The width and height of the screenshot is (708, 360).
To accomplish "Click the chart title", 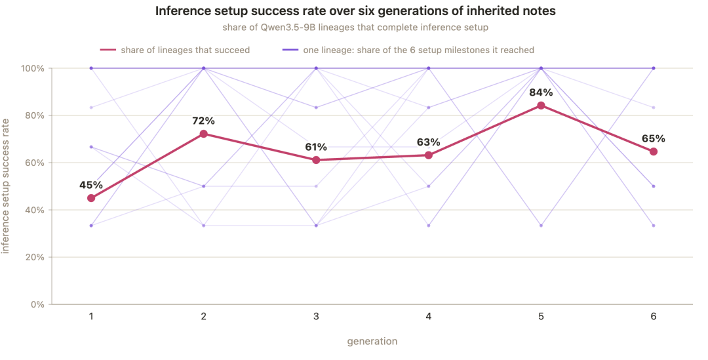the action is coord(355,11).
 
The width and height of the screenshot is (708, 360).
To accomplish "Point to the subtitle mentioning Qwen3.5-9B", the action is coord(355,28).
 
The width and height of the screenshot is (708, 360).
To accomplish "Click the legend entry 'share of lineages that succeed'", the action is coord(175,50).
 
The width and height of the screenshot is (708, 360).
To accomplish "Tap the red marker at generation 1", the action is coord(91,198).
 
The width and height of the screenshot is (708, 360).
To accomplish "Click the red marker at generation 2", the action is coord(204,134).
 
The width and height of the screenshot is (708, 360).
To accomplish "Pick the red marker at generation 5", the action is coord(541,106).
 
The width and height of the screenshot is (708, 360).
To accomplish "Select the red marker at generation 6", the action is coord(654,151).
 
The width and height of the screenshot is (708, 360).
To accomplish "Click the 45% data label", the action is coord(91,185).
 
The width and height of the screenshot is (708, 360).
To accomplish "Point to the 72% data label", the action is coord(204,121).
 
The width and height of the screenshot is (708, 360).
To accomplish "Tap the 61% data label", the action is coord(316,148).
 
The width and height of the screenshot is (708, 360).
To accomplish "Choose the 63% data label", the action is coord(429,142).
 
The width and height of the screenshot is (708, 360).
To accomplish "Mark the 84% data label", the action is coord(541,92).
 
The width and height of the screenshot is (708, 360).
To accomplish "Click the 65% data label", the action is coord(654,138).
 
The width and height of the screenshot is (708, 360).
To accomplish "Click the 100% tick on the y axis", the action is coord(33,68).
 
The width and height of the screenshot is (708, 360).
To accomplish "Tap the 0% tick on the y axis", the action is coord(37,304).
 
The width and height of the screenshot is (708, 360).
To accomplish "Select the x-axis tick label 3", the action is coord(316,317).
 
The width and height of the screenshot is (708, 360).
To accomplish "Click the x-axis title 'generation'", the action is coord(372,342).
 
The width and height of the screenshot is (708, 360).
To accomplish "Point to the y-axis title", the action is coord(5,186).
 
